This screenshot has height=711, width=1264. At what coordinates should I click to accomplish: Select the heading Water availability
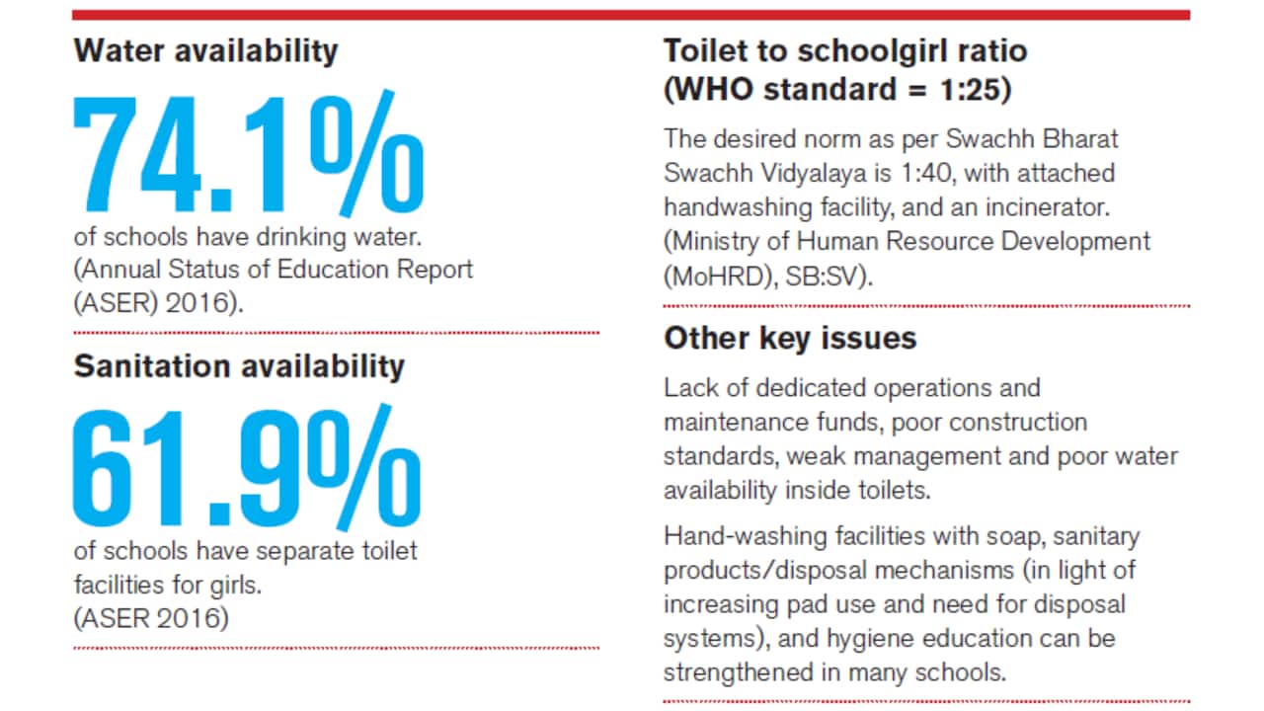tap(205, 50)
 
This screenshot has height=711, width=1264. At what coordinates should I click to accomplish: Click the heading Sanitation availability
tap(239, 366)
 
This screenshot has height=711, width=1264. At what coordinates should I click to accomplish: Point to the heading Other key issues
tap(790, 338)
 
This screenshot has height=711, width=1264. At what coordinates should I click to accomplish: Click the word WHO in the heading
tap(717, 90)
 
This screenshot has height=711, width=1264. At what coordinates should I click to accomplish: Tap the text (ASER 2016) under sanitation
tap(150, 618)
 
